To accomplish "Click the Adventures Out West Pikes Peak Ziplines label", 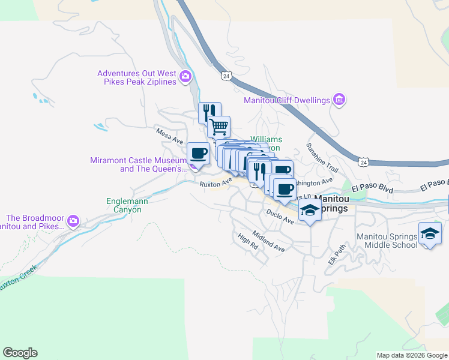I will pos(137,77).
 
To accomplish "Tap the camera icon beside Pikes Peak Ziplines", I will pos(185,76).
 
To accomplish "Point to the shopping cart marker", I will pos(218,127).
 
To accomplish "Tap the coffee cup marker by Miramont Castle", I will pos(198,152).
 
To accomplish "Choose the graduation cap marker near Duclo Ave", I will pos(310,210).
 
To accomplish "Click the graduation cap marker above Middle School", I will pos(430,233).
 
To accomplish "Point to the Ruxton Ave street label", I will pos(216,182).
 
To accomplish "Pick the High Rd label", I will pos(247,242).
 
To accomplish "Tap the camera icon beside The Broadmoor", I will pos(73,221).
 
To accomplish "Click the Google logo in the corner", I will pos(20,353).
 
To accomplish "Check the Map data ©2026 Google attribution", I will pos(411,355).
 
